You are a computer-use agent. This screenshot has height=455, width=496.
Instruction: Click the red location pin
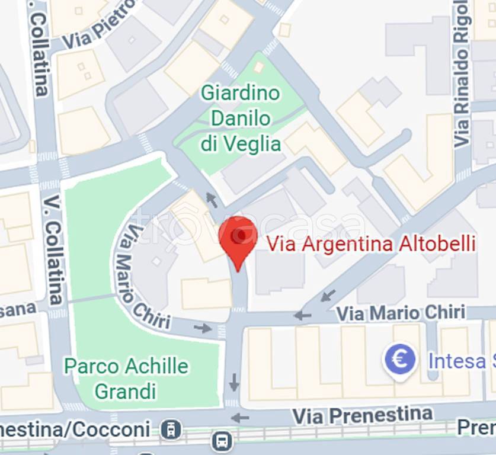(238, 240)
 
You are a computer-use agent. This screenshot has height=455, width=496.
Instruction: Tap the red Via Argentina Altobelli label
(371, 243)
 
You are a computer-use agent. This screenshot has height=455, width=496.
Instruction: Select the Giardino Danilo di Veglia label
(240, 118)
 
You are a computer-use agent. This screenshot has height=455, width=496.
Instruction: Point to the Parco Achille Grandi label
(126, 378)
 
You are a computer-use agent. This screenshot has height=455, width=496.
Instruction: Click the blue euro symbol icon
(399, 360)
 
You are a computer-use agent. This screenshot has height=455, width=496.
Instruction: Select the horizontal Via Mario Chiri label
(400, 313)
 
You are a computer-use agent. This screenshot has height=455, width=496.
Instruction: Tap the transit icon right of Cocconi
(171, 428)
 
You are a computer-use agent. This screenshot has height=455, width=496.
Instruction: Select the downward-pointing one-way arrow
(234, 383)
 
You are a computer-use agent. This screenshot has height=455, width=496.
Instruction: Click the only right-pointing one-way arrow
(203, 328)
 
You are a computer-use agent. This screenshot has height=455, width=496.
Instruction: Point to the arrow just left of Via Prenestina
(240, 418)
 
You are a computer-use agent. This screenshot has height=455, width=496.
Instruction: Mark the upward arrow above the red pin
(211, 200)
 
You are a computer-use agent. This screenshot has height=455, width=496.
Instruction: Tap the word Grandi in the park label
(126, 391)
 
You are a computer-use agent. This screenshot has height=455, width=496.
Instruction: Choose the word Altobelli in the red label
(439, 243)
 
